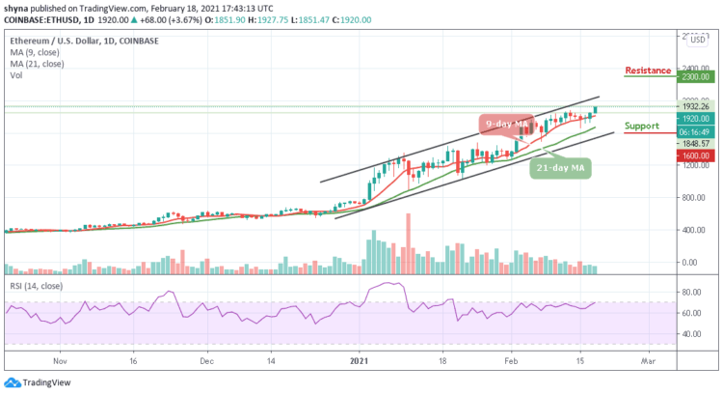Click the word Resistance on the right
pos(648,71)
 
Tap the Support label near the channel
pos(641,126)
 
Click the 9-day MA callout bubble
pos(505,124)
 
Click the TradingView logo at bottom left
pos(36,381)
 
